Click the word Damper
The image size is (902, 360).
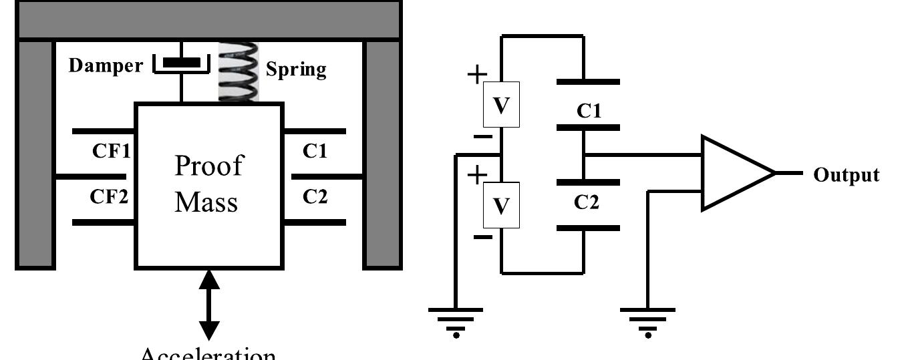click(106, 65)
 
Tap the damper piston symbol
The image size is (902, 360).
click(182, 63)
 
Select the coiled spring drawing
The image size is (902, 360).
click(239, 72)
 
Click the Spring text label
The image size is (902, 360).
click(296, 69)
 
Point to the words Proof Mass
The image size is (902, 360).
click(207, 184)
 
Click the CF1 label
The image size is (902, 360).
click(110, 151)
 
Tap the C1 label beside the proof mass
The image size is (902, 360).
click(315, 151)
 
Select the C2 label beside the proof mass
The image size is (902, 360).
click(315, 197)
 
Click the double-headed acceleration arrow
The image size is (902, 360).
click(209, 304)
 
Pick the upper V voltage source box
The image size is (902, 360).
click(501, 105)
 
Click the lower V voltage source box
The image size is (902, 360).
click(501, 206)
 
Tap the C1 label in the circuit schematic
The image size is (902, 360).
click(588, 111)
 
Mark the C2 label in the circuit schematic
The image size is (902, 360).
click(587, 202)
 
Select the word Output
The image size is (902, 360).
click(846, 175)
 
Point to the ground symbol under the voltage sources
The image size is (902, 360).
click(455, 319)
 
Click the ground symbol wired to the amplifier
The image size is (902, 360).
click(647, 319)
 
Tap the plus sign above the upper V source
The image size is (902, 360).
click(476, 75)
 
